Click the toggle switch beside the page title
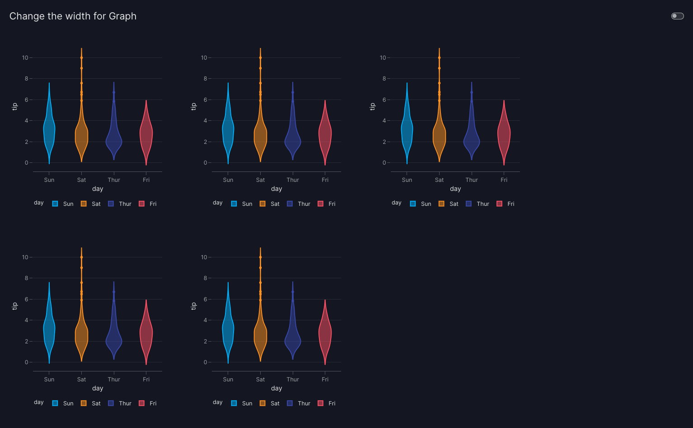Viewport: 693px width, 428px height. [x=677, y=16]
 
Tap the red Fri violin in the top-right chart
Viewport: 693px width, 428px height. [x=504, y=133]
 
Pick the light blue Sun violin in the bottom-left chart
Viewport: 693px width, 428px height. [x=49, y=330]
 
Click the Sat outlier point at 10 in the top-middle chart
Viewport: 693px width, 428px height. [x=260, y=58]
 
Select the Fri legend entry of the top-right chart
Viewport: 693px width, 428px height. [x=506, y=204]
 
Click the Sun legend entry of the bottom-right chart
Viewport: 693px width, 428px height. [x=242, y=404]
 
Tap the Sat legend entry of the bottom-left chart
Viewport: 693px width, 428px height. [x=91, y=404]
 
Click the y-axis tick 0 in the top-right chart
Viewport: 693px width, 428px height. [x=384, y=163]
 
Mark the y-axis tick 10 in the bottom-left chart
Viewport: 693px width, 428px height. [x=25, y=257]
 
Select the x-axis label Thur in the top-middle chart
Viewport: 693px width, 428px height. [x=293, y=180]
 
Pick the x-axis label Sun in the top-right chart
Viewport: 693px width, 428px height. [x=407, y=180]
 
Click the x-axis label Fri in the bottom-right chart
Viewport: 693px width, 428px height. [x=325, y=380]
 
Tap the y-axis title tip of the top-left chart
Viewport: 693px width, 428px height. [x=14, y=106]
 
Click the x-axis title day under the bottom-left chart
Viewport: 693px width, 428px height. [x=98, y=389]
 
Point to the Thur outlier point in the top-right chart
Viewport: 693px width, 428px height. [x=472, y=92]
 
